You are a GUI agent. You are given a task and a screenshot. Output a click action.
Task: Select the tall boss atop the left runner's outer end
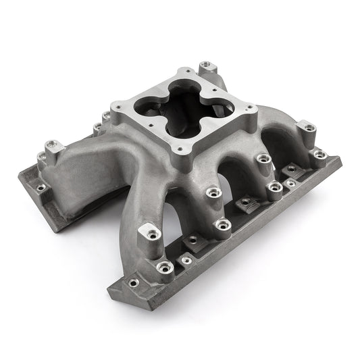tap(51, 145)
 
